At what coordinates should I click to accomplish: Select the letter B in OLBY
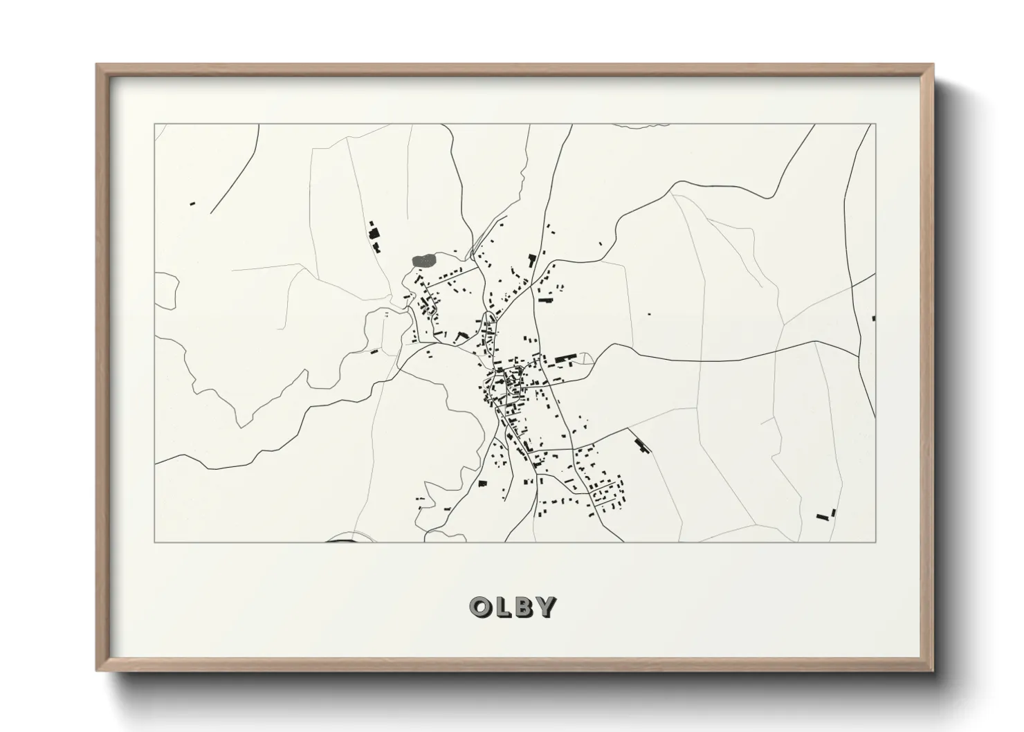[522, 607]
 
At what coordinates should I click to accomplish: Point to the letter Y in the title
[545, 607]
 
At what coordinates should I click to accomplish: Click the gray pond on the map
[423, 260]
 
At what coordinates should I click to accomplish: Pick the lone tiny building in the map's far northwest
[192, 203]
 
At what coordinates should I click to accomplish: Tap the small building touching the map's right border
[874, 318]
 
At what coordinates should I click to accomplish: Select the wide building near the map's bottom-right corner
[823, 516]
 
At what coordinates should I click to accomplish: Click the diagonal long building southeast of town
[642, 445]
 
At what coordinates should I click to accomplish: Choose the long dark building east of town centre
[566, 358]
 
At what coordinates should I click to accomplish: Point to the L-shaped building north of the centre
[532, 261]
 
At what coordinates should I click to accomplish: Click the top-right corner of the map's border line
[875, 125]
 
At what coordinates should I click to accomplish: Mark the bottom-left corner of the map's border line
[154, 542]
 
